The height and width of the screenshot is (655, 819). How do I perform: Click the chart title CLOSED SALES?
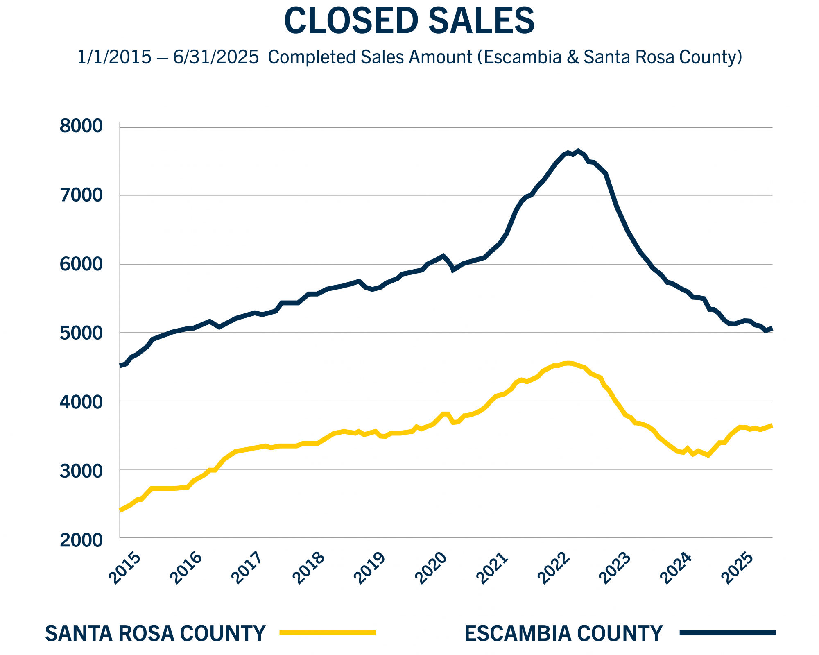409,20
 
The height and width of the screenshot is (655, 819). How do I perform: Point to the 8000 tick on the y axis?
81,126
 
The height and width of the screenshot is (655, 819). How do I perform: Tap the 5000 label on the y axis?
81,333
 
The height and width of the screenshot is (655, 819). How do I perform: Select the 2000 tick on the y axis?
81,540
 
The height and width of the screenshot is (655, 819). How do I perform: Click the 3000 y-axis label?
81,471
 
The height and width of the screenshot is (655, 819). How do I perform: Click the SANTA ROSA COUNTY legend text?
155,633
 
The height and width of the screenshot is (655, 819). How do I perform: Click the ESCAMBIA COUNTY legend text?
563,633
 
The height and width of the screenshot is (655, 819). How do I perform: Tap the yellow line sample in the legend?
328,633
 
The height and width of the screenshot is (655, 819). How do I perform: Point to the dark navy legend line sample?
728,633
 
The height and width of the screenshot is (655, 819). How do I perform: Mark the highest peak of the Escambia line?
578,151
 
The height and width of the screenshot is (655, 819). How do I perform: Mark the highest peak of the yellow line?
567,363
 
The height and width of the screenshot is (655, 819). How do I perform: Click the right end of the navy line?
771,329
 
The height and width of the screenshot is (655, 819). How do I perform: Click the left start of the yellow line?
120,510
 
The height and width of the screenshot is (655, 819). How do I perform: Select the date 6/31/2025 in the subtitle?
216,57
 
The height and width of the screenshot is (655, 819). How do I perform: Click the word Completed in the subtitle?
311,57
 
